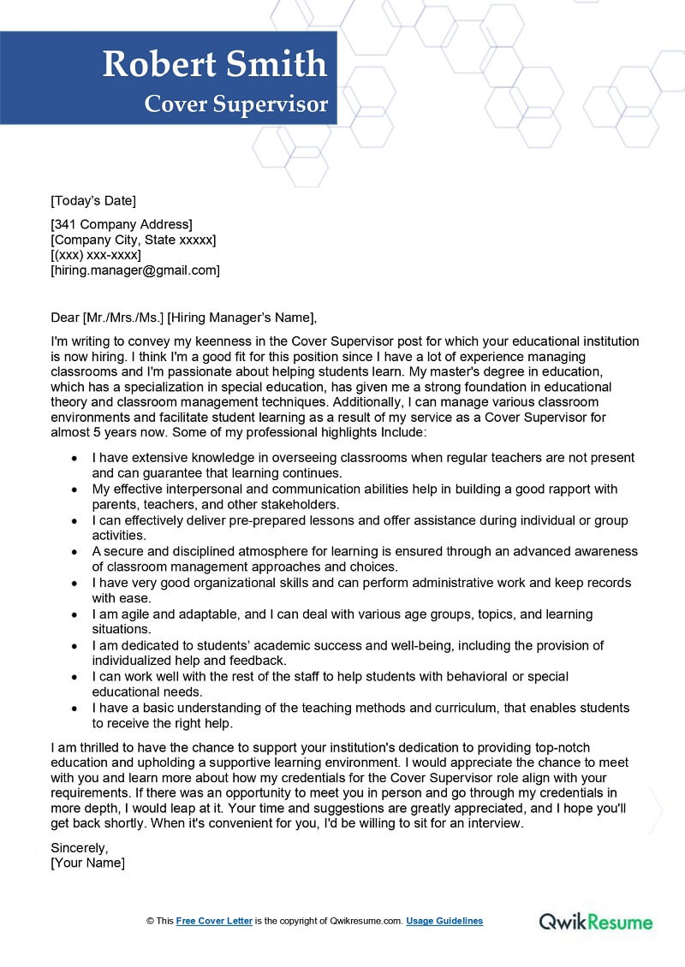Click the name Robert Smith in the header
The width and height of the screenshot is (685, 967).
point(215,65)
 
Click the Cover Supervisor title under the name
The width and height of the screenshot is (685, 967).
point(236,104)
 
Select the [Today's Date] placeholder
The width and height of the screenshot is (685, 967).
point(93,201)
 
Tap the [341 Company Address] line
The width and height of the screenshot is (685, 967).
point(122,224)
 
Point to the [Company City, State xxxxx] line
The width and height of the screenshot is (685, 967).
point(134,240)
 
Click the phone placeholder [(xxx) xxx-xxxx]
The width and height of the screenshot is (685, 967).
point(96,255)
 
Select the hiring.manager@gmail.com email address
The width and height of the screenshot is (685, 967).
point(135,270)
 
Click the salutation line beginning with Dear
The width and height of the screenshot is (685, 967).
point(183,318)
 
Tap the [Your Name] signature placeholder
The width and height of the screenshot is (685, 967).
point(87,863)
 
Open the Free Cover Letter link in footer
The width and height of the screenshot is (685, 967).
point(214,922)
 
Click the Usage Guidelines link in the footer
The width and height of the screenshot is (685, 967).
point(444,922)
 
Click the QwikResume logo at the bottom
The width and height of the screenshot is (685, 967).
point(596,922)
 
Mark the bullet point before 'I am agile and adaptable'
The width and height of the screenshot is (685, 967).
point(75,614)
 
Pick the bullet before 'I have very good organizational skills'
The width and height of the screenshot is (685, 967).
point(75,583)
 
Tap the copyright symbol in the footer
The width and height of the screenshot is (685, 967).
point(149,922)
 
